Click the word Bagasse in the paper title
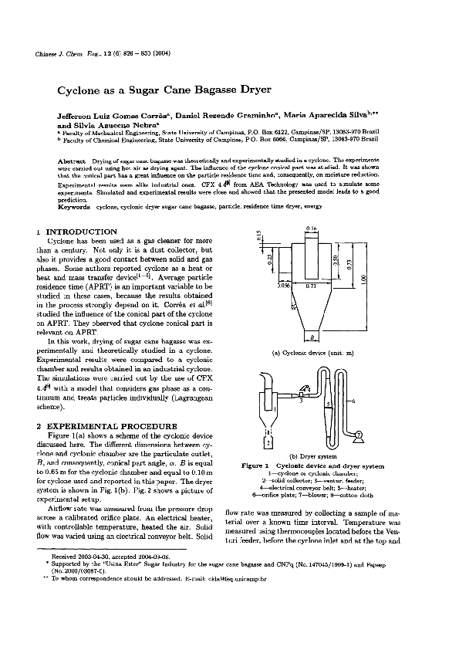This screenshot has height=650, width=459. pos(208,90)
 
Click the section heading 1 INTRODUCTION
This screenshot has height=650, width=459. pos(76,232)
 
